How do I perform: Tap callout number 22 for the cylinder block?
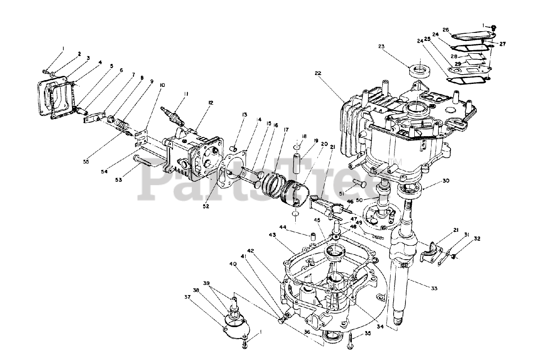(x=318, y=73)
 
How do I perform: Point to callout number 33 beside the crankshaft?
(x=434, y=288)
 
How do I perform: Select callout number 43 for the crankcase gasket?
(x=273, y=234)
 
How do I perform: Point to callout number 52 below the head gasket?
(x=206, y=207)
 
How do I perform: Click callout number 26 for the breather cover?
(x=445, y=30)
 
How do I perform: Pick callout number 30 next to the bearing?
(x=446, y=181)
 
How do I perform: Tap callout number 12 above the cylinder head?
(x=211, y=102)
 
